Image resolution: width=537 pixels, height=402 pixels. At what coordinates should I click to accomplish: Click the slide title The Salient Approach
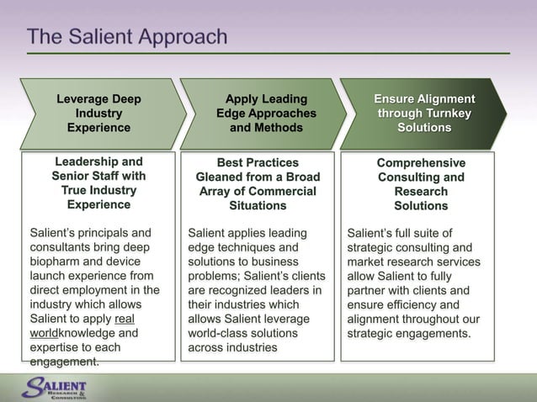click(127, 37)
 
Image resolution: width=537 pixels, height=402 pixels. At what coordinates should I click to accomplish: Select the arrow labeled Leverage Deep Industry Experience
click(98, 114)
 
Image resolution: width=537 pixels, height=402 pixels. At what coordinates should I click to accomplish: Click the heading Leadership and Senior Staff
click(98, 182)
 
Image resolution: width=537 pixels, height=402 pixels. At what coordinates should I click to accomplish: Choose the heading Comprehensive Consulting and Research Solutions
click(421, 183)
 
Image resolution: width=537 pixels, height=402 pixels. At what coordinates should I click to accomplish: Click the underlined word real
click(125, 319)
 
